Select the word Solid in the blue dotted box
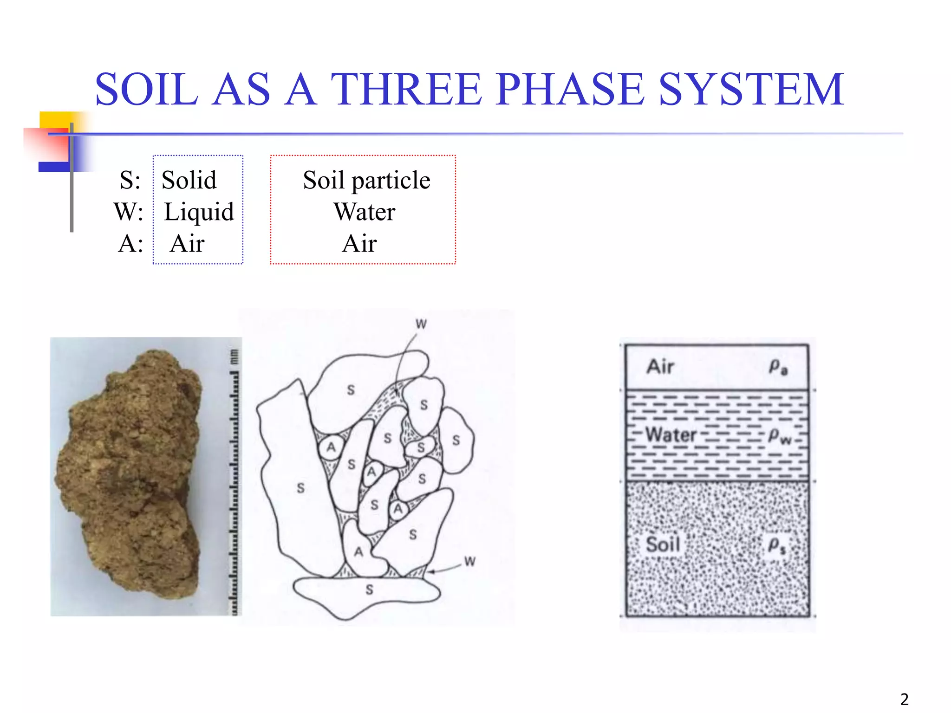click(189, 180)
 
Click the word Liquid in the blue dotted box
click(199, 212)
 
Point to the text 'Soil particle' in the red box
click(366, 180)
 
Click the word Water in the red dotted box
click(365, 212)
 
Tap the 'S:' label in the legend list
click(130, 180)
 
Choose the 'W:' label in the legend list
click(129, 212)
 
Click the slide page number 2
click(904, 699)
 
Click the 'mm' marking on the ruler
click(234, 356)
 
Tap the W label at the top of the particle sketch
click(421, 324)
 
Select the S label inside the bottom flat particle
click(369, 590)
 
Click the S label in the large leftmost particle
click(301, 488)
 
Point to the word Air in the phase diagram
click(660, 367)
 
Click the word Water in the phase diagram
click(671, 435)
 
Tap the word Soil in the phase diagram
click(663, 544)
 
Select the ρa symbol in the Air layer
click(778, 367)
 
